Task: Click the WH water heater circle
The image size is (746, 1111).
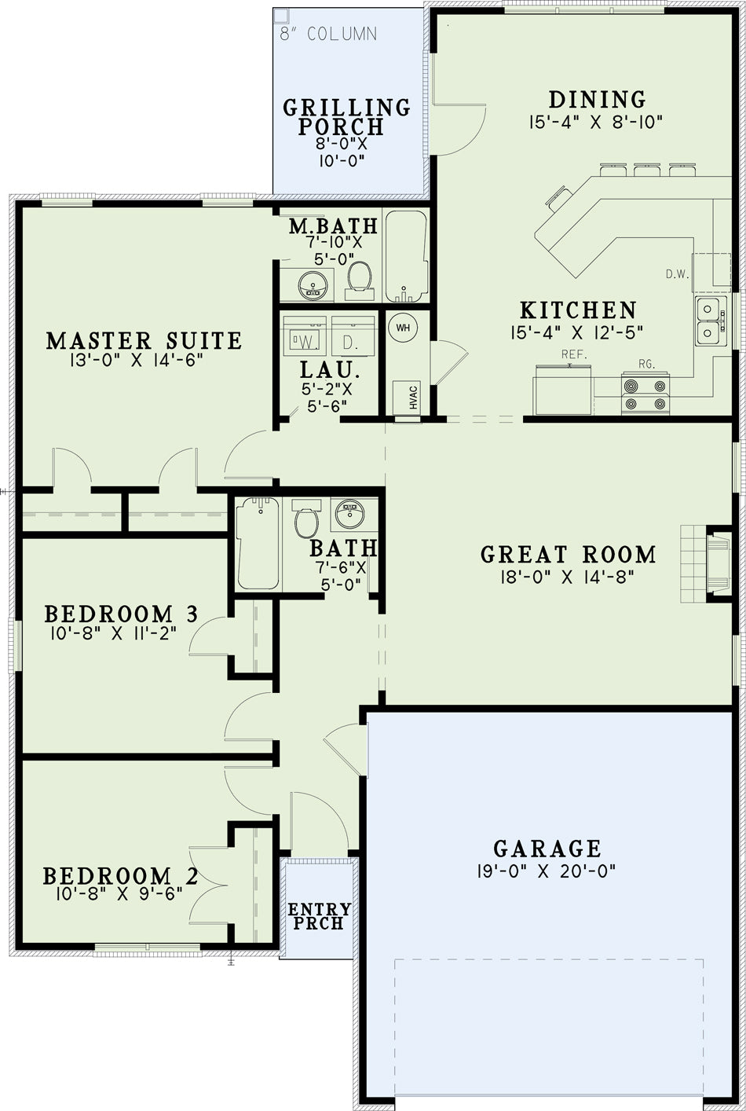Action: click(x=403, y=328)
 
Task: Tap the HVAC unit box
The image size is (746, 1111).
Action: click(x=407, y=398)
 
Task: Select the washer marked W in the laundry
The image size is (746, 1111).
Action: click(x=305, y=336)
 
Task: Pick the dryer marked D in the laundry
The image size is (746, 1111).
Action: click(x=353, y=336)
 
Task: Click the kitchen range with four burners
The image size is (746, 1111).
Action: click(x=645, y=394)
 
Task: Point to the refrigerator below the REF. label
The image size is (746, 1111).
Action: click(x=562, y=390)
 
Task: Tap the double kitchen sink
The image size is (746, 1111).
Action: click(x=711, y=321)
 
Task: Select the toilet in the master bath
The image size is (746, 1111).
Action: click(x=360, y=280)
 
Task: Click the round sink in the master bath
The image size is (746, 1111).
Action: click(x=313, y=285)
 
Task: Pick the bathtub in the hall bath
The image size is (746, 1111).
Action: click(x=258, y=544)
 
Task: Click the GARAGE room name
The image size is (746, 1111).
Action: click(x=547, y=849)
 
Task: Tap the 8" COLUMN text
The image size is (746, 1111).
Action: click(x=328, y=34)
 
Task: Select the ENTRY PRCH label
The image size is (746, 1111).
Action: click(x=320, y=916)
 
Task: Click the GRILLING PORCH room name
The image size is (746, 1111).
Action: click(x=346, y=116)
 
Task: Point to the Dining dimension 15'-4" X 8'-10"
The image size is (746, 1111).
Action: click(x=596, y=122)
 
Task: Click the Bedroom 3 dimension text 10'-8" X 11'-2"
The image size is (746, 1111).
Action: click(x=114, y=633)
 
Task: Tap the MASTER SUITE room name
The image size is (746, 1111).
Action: click(x=144, y=341)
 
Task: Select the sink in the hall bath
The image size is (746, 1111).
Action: click(x=350, y=514)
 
